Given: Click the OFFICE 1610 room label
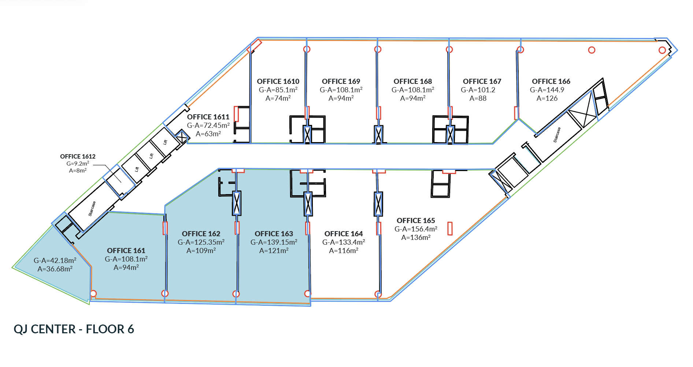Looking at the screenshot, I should coord(278,81).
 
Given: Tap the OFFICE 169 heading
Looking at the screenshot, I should coord(341,81).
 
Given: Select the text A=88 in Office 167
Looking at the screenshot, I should coord(478,98).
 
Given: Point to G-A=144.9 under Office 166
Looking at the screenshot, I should coord(547,90).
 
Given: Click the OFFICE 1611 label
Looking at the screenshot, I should coord(208,117).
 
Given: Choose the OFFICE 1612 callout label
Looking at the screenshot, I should coord(78,156).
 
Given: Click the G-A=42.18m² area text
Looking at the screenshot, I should coord(55,260).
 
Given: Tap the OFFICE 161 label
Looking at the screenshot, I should coord(126,251).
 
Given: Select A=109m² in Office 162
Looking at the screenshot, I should coord(201,251).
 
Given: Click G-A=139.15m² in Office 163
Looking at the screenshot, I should coord(274,242).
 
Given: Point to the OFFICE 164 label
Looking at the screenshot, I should coord(344,234).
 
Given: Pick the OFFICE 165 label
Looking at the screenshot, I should coord(416,220).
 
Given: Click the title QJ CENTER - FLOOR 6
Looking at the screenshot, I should coord(74,329).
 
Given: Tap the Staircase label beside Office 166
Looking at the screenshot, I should coord(557,135).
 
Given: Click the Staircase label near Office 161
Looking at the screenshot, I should coord(92,208).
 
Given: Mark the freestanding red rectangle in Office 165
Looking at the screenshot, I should coord(450,229).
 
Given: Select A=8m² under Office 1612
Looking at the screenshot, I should coord(78,171).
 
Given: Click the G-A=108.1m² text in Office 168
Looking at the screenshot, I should coord(413,90).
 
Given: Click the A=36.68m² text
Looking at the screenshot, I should coord(55,269).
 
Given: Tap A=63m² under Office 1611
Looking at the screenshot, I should coord(208,134).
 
